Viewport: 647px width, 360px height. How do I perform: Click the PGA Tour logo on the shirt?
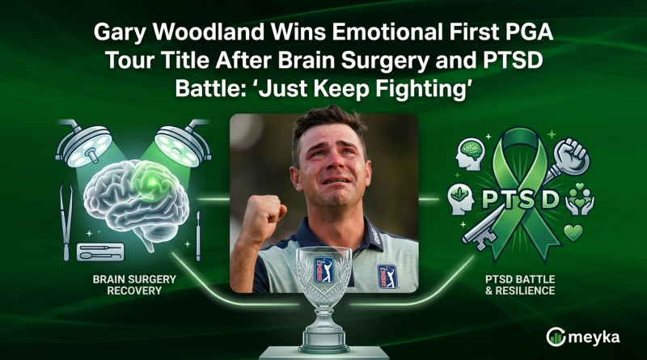click(x=387, y=274)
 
